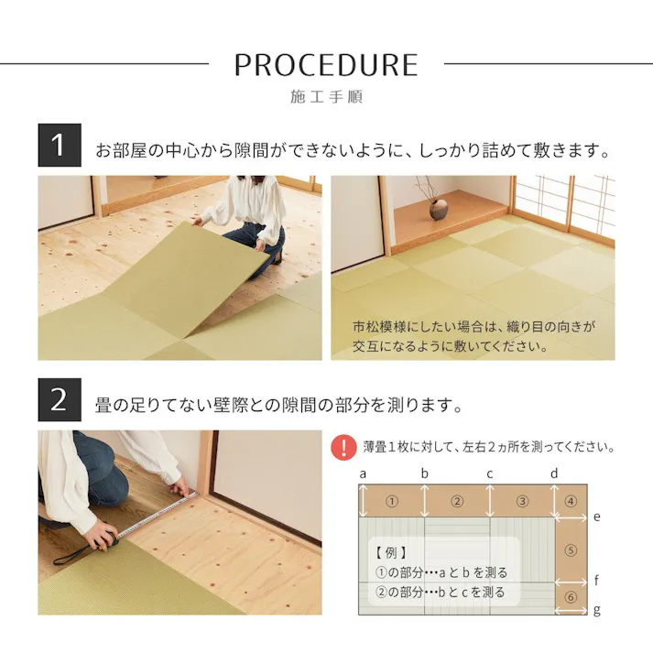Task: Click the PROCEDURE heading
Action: click(x=326, y=64)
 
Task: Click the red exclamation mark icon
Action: click(x=343, y=447)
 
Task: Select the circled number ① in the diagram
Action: click(x=391, y=501)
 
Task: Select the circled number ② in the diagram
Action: click(x=457, y=501)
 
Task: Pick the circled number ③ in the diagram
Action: click(x=522, y=501)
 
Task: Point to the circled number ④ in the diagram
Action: click(x=571, y=501)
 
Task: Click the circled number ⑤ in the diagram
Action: click(x=571, y=550)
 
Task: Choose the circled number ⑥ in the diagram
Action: click(x=571, y=597)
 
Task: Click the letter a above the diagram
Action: click(x=364, y=473)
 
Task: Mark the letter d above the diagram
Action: click(x=554, y=473)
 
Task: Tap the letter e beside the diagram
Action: click(x=596, y=517)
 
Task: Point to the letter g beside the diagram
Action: click(x=596, y=610)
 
